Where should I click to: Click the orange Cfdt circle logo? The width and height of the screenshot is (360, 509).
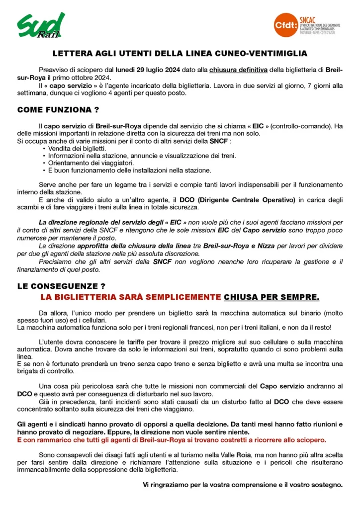pos(286,24)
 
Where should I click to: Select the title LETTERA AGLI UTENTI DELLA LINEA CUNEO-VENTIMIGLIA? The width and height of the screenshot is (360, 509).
pos(180,53)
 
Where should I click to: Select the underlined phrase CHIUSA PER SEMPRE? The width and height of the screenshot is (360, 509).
pos(271,297)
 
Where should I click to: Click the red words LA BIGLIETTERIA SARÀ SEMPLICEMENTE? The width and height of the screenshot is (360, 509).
pos(131,297)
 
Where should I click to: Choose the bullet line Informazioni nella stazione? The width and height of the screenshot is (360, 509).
pos(142,156)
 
